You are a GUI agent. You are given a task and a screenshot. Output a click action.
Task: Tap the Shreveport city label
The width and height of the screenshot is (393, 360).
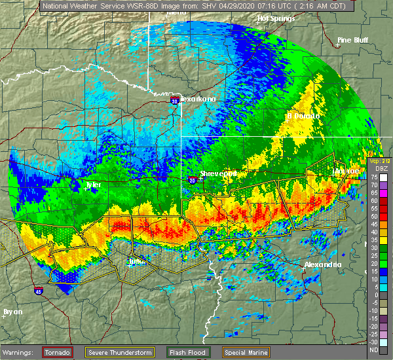pos(218,173)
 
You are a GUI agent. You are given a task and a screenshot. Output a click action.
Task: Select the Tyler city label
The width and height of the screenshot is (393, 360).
pos(94,185)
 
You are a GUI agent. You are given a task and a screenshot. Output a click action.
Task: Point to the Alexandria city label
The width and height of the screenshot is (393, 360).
pos(322,264)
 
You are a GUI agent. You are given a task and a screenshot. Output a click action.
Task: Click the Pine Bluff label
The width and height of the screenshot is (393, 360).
pos(353,40)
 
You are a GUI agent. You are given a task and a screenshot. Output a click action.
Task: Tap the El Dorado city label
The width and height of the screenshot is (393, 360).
pos(303,116)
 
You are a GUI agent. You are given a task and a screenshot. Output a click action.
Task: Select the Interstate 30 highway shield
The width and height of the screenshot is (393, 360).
pos(174,101)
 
